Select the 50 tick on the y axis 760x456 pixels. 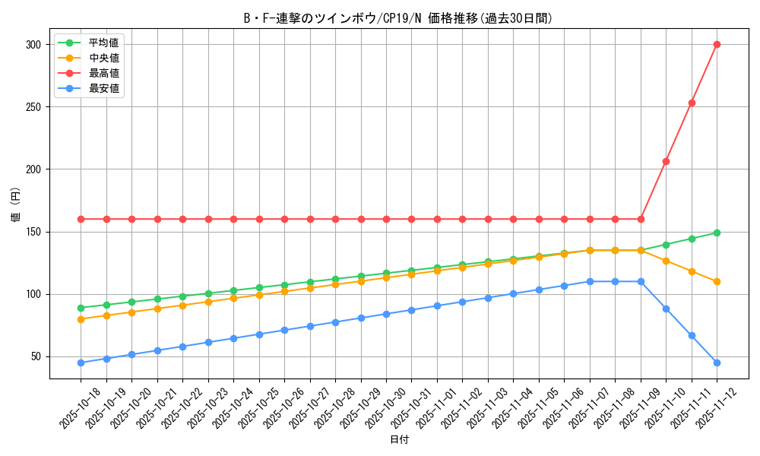35,356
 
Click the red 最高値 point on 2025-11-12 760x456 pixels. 717,44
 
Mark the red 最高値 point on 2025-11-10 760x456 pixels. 666,161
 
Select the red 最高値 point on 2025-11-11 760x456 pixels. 692,103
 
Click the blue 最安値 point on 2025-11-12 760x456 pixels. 717,363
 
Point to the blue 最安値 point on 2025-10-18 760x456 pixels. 81,363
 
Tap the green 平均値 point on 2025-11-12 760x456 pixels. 717,233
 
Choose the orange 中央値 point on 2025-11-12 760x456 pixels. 717,281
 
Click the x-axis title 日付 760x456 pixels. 399,440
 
